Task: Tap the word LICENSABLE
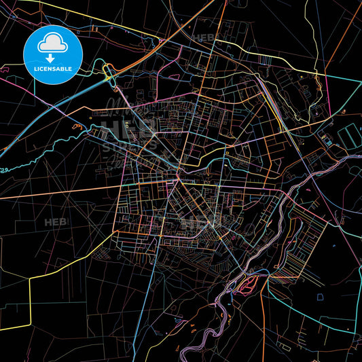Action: point(53,69)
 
